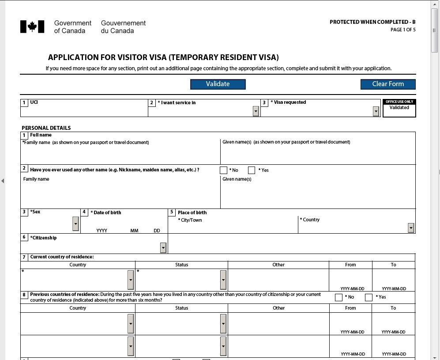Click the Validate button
coord(218,84)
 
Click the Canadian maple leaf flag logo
coord(32,27)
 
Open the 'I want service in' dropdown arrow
coord(256,112)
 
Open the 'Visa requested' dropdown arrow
coord(376,112)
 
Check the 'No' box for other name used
coord(224,170)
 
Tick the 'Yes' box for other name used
coord(252,170)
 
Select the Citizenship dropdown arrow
coord(163,248)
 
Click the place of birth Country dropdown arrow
coord(411,228)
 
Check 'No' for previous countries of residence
coord(338,297)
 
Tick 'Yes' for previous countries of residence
coord(369,297)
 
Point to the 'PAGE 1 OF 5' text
coord(403,30)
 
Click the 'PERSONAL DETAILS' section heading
coord(46,128)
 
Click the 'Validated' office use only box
coord(399,110)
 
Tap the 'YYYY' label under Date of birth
coord(102,231)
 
